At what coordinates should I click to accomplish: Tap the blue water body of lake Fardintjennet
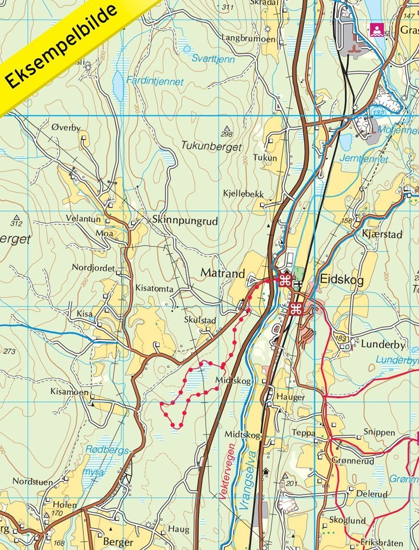click(119, 86)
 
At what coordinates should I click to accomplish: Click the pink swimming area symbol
click(376, 28)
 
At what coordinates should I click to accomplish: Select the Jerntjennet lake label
click(371, 159)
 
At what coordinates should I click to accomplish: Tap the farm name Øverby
click(66, 127)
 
